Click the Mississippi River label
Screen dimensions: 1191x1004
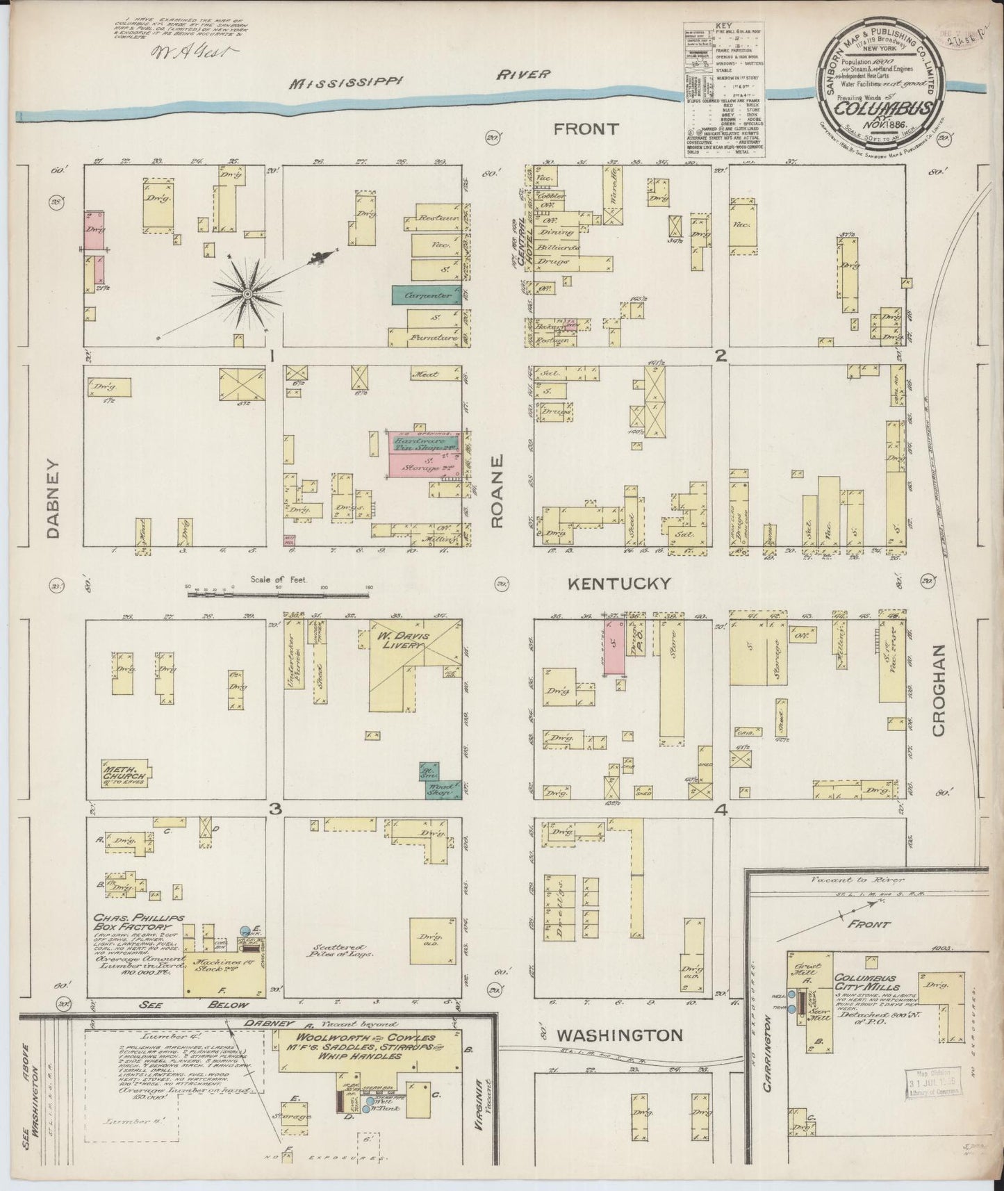[420, 77]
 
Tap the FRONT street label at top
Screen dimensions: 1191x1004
[586, 129]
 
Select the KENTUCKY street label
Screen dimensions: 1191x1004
[620, 584]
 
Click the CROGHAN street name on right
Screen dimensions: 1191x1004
[939, 690]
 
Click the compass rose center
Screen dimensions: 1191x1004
[246, 295]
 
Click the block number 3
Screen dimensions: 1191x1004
[275, 810]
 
